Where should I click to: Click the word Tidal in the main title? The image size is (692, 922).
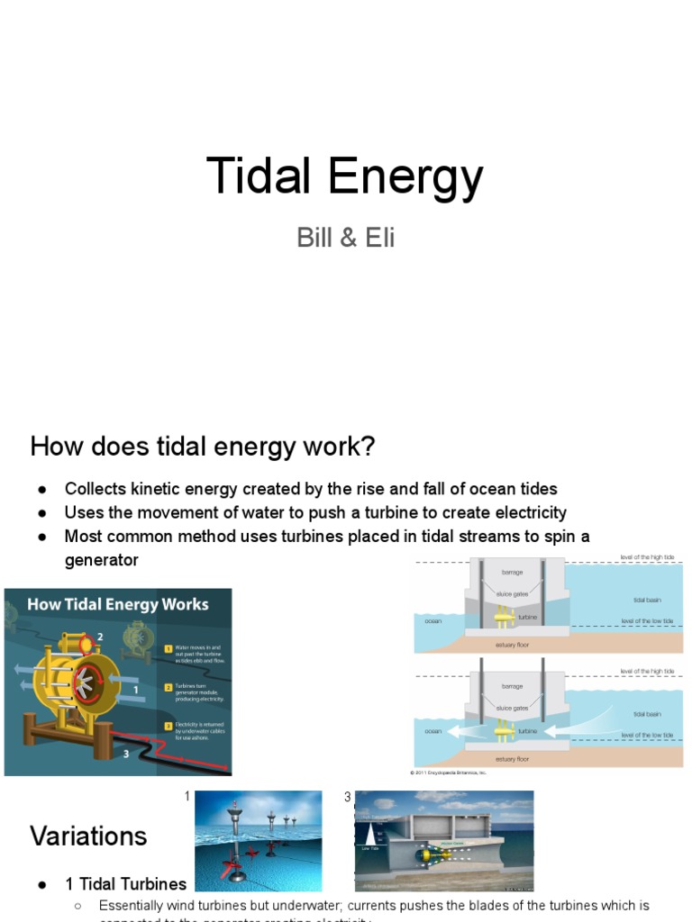(259, 176)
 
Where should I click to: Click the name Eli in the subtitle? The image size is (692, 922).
(375, 239)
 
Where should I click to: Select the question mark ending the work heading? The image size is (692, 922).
(367, 446)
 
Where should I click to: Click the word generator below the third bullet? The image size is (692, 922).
(101, 560)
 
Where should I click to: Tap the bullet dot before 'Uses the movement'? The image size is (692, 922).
(42, 512)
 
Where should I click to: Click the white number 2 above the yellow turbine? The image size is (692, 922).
(100, 637)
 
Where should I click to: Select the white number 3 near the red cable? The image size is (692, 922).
(125, 753)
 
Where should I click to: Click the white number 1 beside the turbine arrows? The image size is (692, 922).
(135, 690)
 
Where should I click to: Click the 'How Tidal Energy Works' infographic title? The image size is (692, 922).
(117, 604)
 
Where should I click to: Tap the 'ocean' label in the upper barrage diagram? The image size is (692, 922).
(432, 620)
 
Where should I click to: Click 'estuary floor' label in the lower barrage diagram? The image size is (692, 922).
(512, 759)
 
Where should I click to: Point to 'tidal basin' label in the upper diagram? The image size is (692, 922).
(647, 599)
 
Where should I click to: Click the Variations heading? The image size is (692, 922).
(88, 836)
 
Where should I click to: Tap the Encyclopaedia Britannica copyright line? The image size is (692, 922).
(448, 773)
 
